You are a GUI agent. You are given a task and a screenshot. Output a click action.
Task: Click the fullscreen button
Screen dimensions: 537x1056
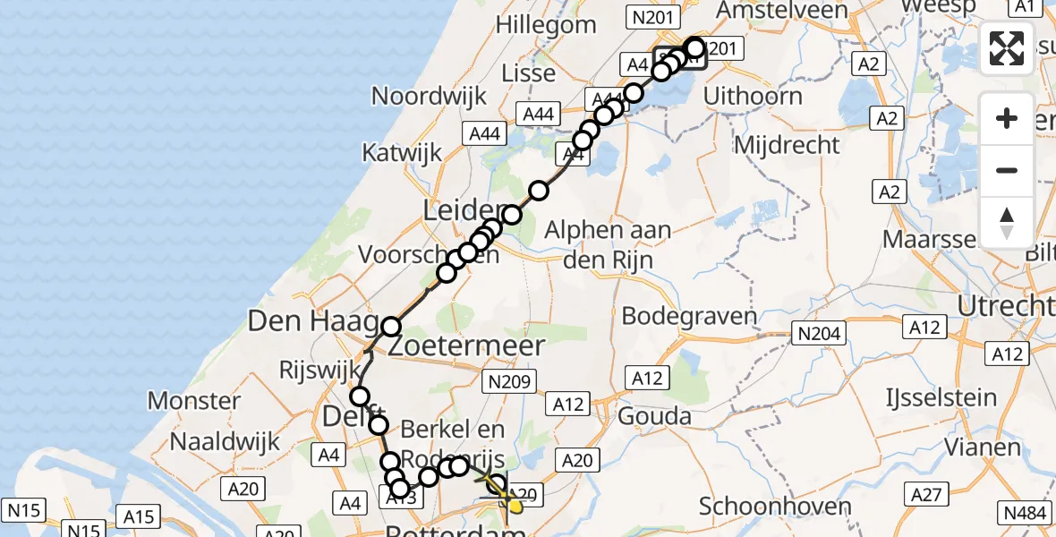[x=1007, y=47]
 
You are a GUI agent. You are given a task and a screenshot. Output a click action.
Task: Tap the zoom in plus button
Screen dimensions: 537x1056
[x=1007, y=118]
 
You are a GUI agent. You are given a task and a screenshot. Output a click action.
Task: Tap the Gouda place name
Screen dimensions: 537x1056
[x=656, y=416]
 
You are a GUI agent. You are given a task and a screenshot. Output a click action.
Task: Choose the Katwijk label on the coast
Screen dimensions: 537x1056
[x=402, y=152]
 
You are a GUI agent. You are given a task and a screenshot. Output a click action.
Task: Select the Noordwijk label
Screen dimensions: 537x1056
[x=429, y=96]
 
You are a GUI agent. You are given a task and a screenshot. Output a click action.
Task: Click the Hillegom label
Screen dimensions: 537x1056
[x=549, y=25]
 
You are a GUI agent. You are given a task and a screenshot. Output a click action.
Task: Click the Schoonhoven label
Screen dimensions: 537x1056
[x=775, y=507]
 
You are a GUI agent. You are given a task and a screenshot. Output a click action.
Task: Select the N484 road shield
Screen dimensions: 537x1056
[x=1026, y=513]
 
